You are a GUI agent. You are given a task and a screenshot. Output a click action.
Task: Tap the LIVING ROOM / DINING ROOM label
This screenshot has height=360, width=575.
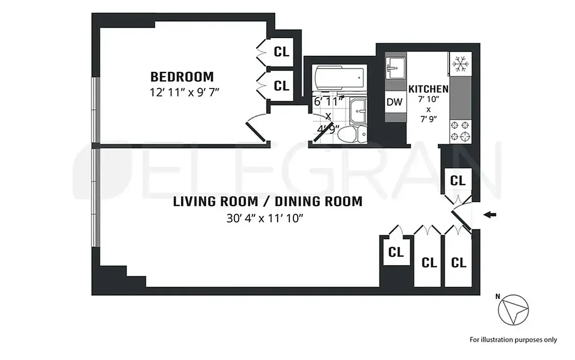(x=268, y=201)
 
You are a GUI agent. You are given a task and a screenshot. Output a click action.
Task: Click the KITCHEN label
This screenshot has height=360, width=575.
(x=428, y=89)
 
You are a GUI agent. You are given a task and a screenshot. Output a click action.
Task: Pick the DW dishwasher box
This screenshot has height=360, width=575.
(x=394, y=102)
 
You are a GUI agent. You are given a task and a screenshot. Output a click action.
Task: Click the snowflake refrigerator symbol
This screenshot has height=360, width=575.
(x=460, y=64)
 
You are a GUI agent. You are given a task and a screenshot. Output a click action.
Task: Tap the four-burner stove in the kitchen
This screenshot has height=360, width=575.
(x=460, y=131)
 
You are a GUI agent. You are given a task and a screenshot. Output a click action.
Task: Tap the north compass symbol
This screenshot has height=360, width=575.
(x=513, y=310)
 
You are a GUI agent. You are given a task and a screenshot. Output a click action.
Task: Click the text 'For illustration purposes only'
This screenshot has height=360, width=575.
(x=513, y=340)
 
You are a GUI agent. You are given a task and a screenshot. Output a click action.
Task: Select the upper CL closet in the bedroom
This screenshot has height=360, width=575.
(x=282, y=52)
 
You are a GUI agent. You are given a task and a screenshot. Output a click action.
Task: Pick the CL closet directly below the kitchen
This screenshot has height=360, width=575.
(x=458, y=181)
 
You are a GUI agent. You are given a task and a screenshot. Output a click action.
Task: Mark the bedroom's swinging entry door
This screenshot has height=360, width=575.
(x=256, y=130)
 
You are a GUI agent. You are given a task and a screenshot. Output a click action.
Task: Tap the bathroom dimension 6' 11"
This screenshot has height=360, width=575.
(x=328, y=101)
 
